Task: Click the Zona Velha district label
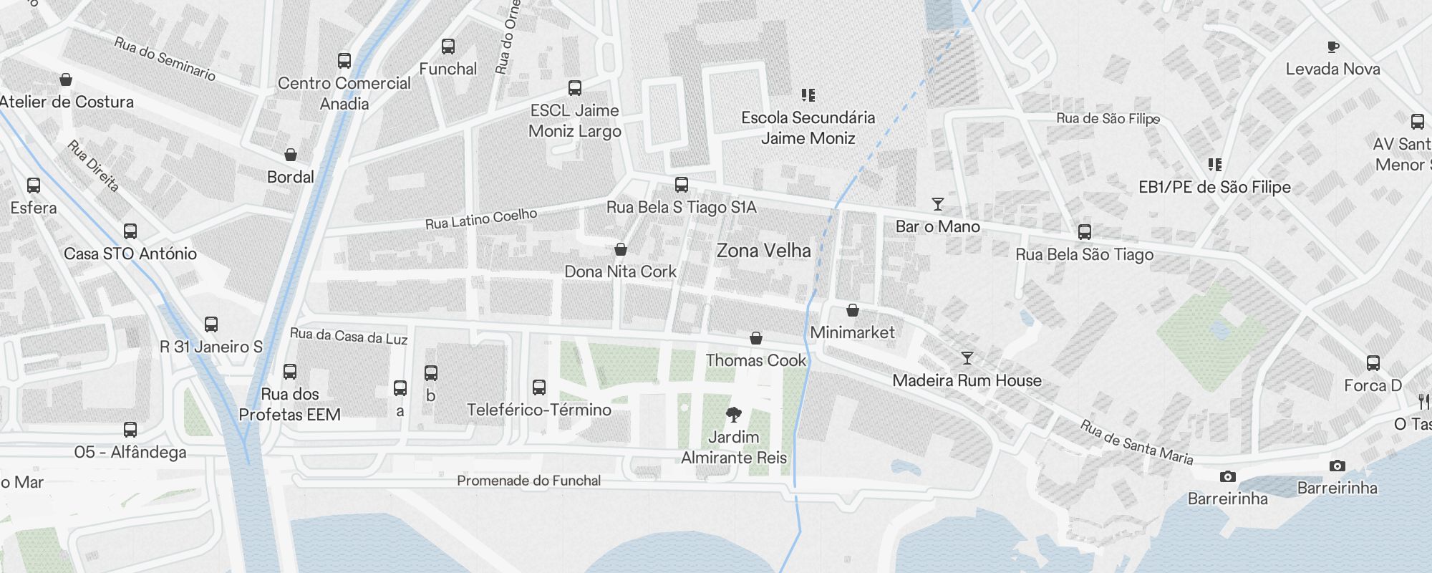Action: pyautogui.click(x=763, y=251)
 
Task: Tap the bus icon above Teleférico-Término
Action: pyautogui.click(x=539, y=387)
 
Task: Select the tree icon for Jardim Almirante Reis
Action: pyautogui.click(x=733, y=414)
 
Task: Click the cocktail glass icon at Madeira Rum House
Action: pyautogui.click(x=967, y=357)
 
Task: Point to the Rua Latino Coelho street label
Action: pyautogui.click(x=480, y=218)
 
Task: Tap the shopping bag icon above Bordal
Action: pyautogui.click(x=291, y=155)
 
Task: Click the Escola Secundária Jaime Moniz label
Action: pyautogui.click(x=808, y=127)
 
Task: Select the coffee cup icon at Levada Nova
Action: pyautogui.click(x=1332, y=47)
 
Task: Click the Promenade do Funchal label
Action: pyautogui.click(x=528, y=481)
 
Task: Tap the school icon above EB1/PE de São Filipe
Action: pyautogui.click(x=1214, y=165)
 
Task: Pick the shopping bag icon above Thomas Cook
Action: pyautogui.click(x=755, y=338)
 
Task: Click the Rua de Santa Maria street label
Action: pyautogui.click(x=1136, y=443)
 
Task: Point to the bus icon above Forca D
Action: pyautogui.click(x=1373, y=363)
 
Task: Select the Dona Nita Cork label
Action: pyautogui.click(x=620, y=271)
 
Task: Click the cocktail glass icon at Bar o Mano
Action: pyautogui.click(x=937, y=204)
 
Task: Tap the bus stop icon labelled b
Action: pyautogui.click(x=430, y=373)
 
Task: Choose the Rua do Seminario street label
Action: pyautogui.click(x=165, y=59)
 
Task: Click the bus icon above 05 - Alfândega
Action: pyautogui.click(x=130, y=430)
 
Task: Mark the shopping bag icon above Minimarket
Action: pyautogui.click(x=852, y=310)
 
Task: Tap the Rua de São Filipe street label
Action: pyautogui.click(x=1108, y=118)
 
